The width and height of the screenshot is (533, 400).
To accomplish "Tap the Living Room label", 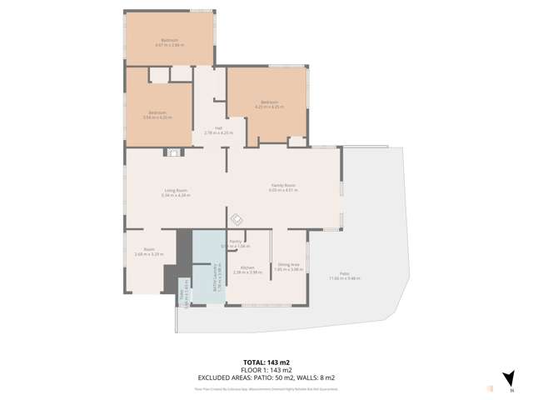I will [176, 192].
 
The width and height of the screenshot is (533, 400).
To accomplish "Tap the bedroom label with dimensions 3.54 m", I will [157, 114].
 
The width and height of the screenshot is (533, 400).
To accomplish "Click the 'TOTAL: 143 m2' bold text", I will [266, 362].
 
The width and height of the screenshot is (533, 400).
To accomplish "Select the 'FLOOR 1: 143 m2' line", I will [266, 370].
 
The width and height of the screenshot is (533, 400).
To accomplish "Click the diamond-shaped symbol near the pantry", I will [236, 219].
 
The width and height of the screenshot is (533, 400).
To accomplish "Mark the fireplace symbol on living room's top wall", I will [172, 152].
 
